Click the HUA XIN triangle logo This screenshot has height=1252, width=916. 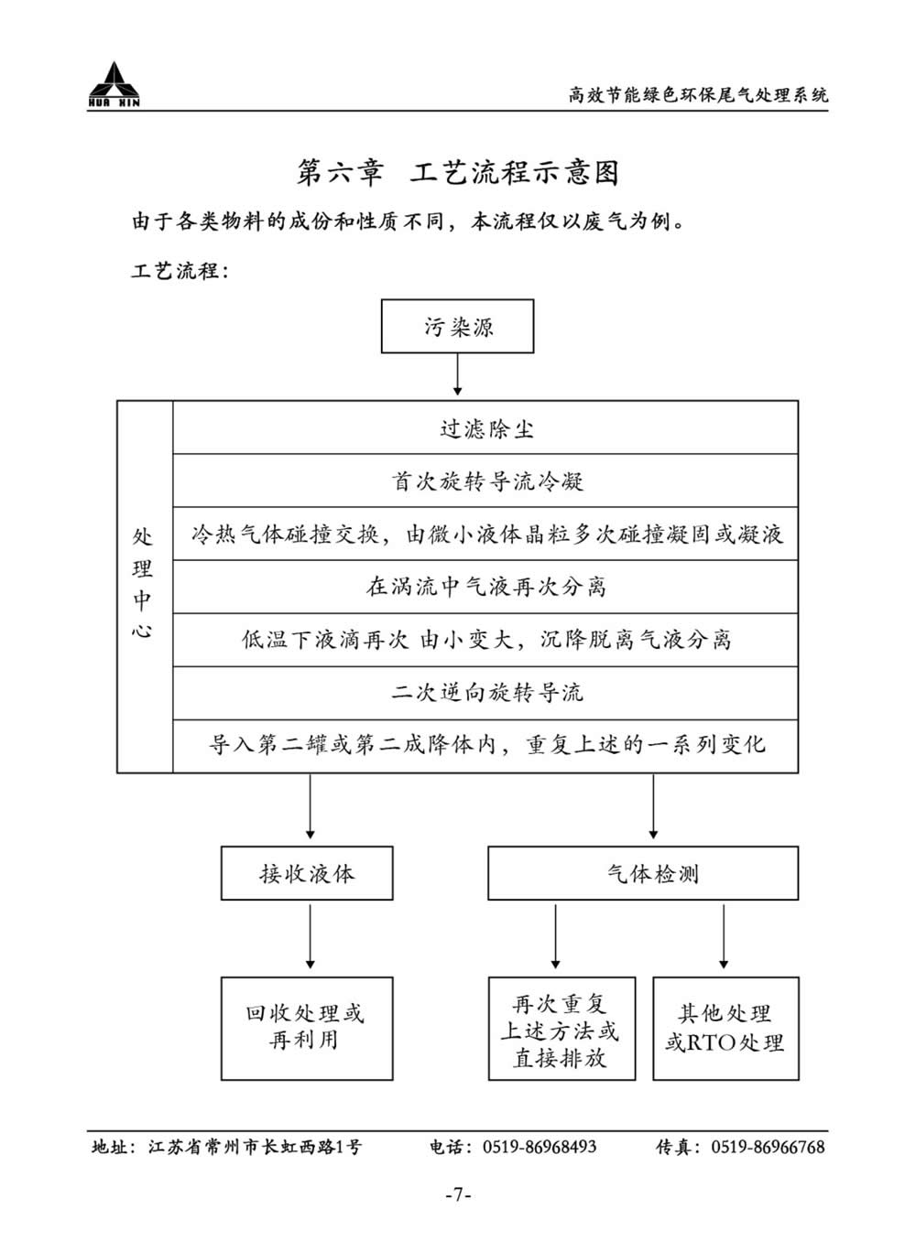coord(114,84)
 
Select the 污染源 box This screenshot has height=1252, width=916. coord(457,326)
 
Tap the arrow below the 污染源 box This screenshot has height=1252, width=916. coord(457,374)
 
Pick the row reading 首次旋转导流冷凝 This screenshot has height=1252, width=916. coord(485,480)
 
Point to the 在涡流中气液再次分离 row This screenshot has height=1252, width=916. coord(485,587)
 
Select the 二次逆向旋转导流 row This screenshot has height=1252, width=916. coord(485,693)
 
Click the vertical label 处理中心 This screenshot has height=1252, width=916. coord(142,583)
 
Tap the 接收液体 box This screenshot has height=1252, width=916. coord(307,873)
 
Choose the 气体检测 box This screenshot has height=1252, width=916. coord(643,873)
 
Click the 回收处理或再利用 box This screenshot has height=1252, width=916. coord(307,1029)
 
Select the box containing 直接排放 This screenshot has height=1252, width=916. coord(562,1029)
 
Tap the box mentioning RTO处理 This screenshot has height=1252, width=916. coord(725,1029)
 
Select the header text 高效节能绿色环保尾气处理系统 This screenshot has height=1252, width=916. coord(698,95)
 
